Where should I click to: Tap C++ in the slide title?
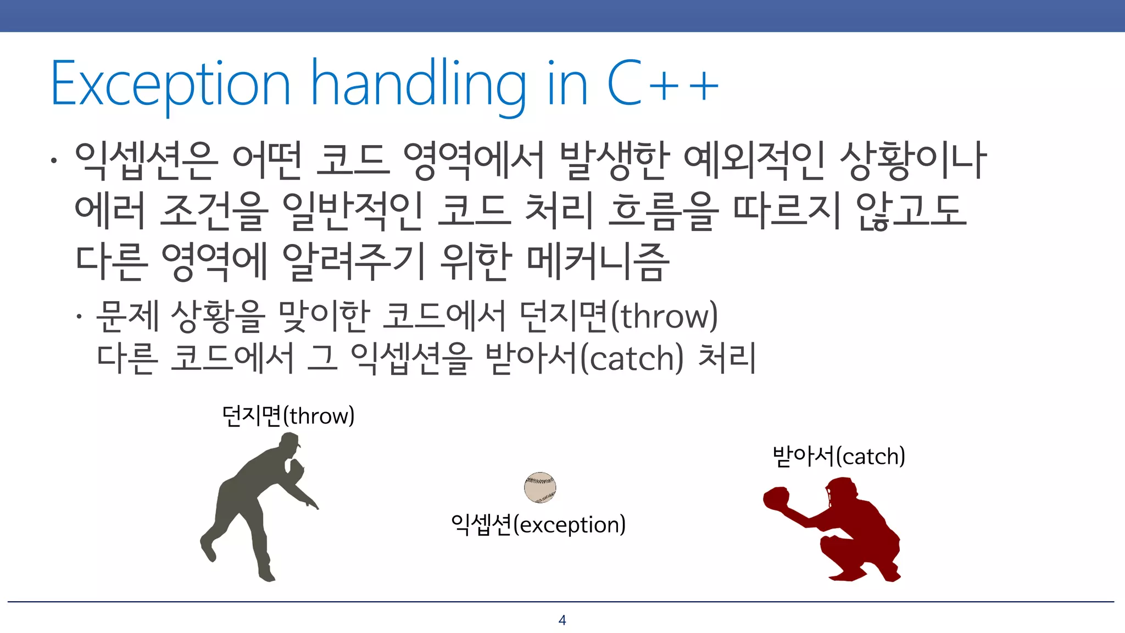pos(662,84)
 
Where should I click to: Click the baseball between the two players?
pos(540,487)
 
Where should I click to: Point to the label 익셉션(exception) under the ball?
pos(538,525)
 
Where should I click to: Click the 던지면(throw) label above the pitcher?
pos(288,416)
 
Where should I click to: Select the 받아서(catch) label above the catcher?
pos(838,456)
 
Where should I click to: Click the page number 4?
pos(562,620)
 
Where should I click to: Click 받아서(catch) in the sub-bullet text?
pos(585,358)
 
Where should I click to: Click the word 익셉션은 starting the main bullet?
pos(146,160)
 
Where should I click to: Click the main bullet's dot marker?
pos(53,161)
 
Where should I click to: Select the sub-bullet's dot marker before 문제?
pos(80,316)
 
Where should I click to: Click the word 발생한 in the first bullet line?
pos(614,160)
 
